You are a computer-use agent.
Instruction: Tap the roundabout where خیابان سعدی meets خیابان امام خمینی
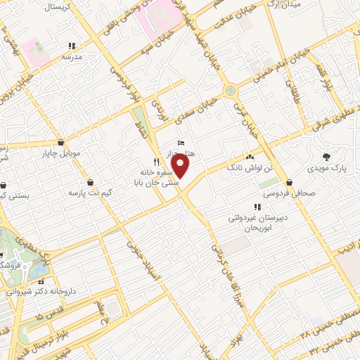[x=231, y=91]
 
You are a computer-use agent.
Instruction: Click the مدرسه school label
[x=72, y=56]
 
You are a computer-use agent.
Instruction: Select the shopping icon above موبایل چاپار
[x=60, y=142]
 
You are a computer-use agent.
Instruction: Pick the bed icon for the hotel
[x=181, y=143]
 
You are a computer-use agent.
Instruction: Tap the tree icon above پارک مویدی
[x=326, y=157]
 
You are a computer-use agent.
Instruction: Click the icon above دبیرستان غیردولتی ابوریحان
[x=257, y=207]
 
